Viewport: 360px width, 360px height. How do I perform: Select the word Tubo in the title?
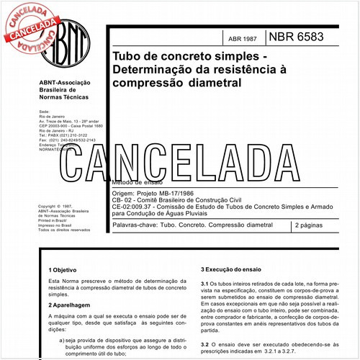click(127, 56)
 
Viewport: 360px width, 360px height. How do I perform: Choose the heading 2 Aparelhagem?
click(69, 306)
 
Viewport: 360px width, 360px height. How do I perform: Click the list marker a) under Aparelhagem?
click(63, 339)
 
